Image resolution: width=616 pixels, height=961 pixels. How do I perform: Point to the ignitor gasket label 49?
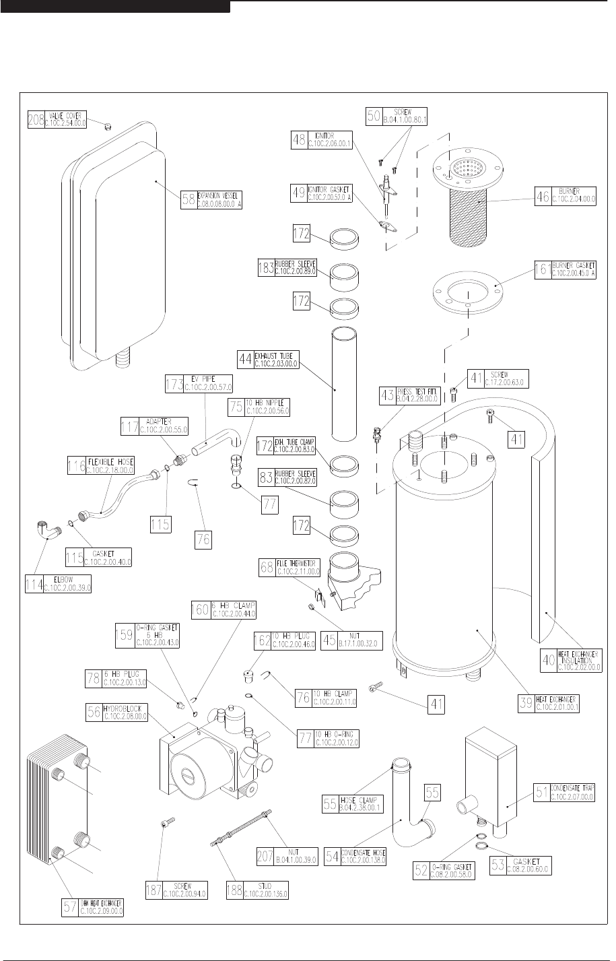coord(298,193)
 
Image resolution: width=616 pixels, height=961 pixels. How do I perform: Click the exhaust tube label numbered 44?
coord(246,360)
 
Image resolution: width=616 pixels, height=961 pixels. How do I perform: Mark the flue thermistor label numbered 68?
coord(267,567)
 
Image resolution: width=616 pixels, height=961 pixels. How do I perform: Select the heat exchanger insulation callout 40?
coord(549,659)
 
